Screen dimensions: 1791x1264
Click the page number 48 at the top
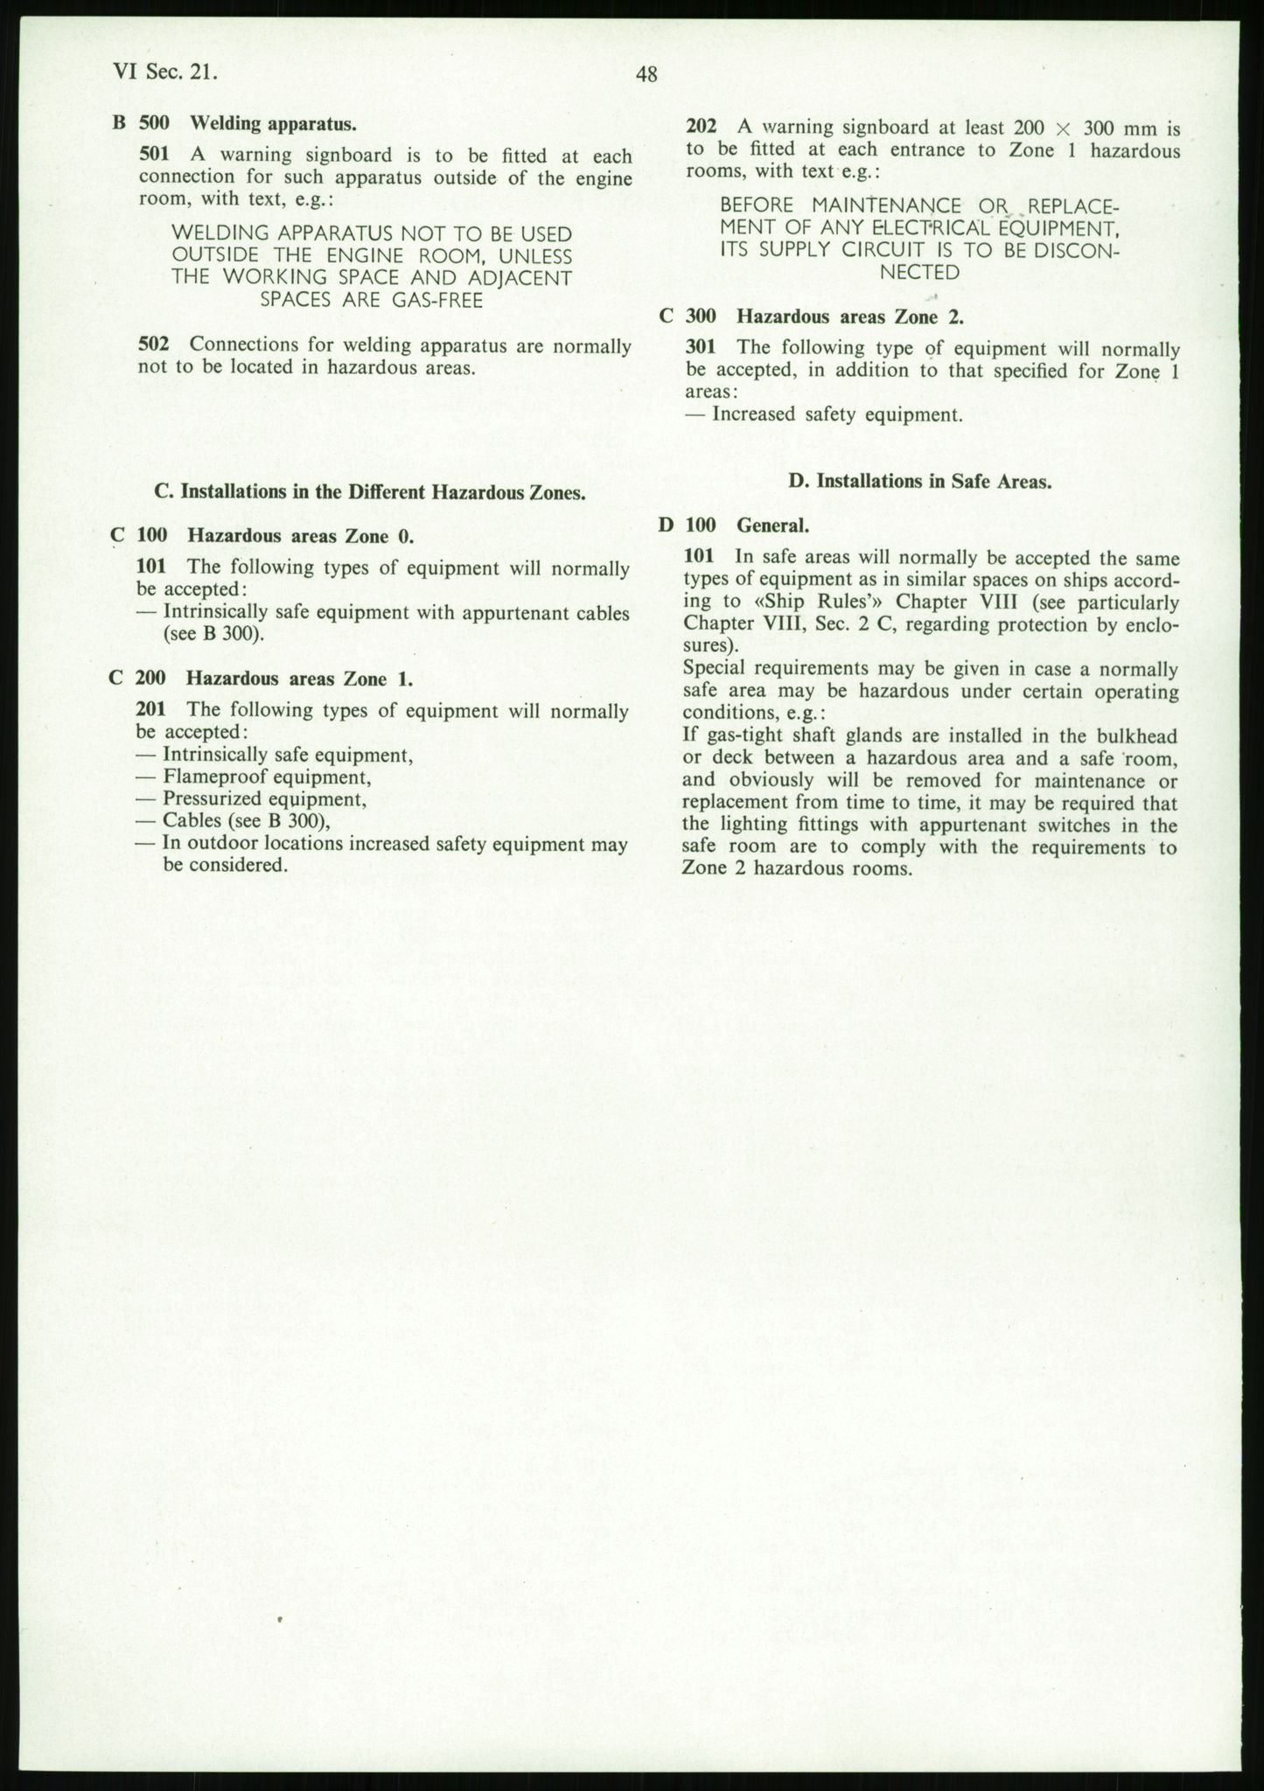[x=646, y=75]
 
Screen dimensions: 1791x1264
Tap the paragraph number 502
[x=154, y=345]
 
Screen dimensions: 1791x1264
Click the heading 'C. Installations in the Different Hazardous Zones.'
[x=370, y=492]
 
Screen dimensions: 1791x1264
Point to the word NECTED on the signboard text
[x=919, y=272]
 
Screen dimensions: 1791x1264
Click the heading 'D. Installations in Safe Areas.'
[x=919, y=482]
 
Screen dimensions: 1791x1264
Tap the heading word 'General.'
[x=772, y=526]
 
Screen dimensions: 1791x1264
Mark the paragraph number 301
[x=702, y=348]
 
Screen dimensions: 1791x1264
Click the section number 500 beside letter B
[x=154, y=123]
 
